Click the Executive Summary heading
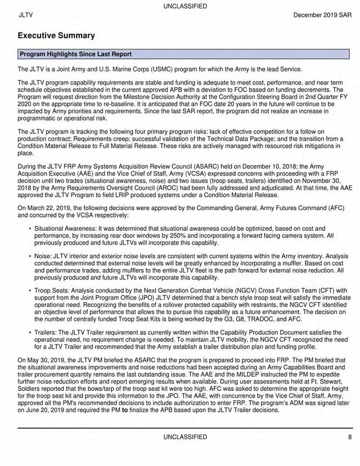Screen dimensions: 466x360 [56, 36]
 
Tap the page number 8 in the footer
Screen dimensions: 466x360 [349, 437]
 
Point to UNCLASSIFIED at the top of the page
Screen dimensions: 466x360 [185, 6]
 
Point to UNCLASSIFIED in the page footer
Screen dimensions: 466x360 [185, 437]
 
